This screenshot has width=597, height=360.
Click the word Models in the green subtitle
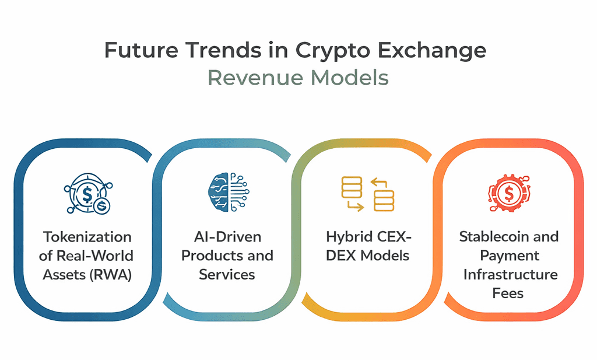coord(350,78)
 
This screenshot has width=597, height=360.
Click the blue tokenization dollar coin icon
coord(88,193)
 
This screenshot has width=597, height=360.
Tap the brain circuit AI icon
coord(229,192)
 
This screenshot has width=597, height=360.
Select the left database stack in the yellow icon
coord(352,187)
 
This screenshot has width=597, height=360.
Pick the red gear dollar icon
coord(510,193)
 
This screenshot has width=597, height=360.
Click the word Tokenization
coord(87,237)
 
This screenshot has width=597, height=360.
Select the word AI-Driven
coord(228,237)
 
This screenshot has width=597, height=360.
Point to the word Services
coord(227,275)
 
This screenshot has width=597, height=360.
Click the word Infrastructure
coord(510,275)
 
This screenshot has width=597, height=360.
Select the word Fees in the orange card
coord(508,293)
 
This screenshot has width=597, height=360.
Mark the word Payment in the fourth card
coord(510,256)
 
